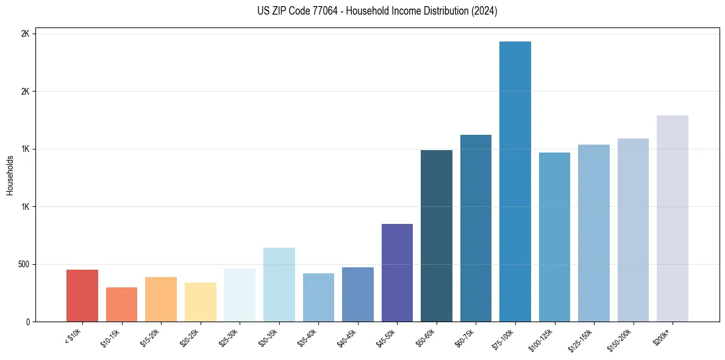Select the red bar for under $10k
[82, 295]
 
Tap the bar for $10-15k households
[121, 304]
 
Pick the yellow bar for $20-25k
[200, 302]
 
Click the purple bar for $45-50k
[397, 273]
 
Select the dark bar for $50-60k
[437, 236]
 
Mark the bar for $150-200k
[633, 230]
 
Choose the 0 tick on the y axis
[27, 322]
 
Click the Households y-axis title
[10, 175]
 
